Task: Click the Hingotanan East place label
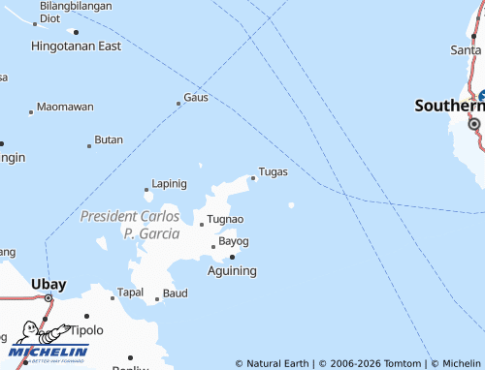point(76,46)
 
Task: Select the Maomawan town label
point(65,107)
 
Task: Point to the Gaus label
point(196,98)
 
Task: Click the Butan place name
point(109,140)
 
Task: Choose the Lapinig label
point(169,183)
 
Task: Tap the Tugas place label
point(274,171)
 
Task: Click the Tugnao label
point(225,220)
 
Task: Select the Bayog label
point(234,241)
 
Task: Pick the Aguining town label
point(233,271)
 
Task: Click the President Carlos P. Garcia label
point(129,224)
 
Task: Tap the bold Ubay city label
point(48,284)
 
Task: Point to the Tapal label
point(130,292)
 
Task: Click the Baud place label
point(175,293)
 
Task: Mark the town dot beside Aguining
point(232,257)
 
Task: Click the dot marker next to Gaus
point(178,103)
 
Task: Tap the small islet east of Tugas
point(291,204)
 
